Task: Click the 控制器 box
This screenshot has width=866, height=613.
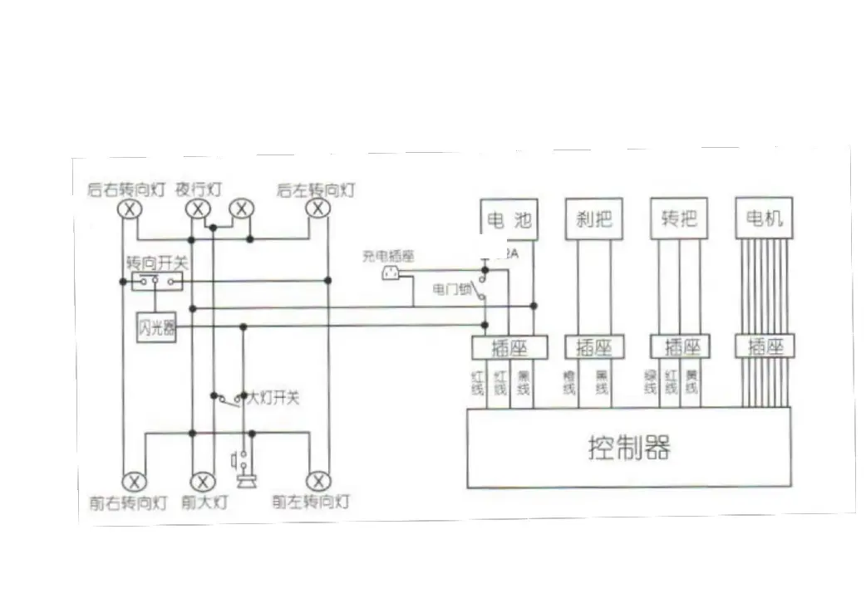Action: click(628, 448)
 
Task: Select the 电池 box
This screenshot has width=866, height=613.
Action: click(509, 219)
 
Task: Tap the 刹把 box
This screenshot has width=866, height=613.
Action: click(593, 219)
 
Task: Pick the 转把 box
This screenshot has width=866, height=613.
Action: click(679, 219)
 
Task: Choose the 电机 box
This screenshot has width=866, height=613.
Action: click(764, 219)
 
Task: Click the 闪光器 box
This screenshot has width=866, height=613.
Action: click(156, 329)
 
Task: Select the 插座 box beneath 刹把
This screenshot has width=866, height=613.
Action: click(594, 346)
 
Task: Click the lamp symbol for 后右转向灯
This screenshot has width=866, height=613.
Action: click(129, 208)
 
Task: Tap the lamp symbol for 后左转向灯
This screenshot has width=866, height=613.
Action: click(317, 208)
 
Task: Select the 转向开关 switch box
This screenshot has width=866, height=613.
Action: click(156, 282)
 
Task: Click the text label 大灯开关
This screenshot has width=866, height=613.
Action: click(272, 399)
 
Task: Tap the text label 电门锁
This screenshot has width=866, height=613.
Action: click(450, 289)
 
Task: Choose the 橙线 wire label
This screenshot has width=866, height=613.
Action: click(569, 382)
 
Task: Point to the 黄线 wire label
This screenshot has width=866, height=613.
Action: click(691, 382)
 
